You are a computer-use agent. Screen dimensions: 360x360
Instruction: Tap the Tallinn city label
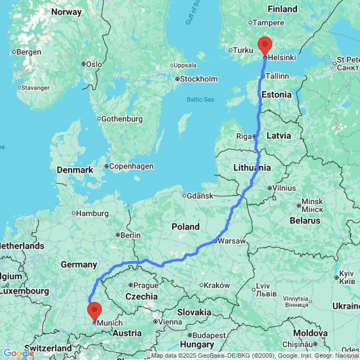(x=277, y=76)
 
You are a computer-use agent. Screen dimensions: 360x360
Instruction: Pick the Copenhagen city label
(x=131, y=166)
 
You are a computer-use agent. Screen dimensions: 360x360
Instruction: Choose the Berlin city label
(x=130, y=235)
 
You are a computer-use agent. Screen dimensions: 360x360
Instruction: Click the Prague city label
(x=146, y=285)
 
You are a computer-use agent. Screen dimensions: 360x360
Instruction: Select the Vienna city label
(x=171, y=321)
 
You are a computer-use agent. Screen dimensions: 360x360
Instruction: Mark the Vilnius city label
(x=284, y=188)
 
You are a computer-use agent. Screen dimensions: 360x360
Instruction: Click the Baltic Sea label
(x=201, y=100)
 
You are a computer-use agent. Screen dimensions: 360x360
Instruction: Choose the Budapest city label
(x=209, y=335)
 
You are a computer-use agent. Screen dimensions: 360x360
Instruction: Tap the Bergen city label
(x=29, y=52)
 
